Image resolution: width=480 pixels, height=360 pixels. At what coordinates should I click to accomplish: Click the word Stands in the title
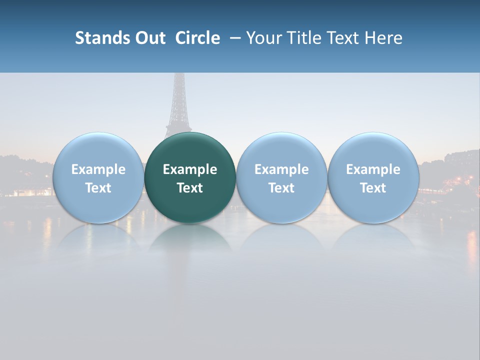(102, 38)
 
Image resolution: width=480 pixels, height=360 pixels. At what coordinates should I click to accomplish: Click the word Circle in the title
(197, 38)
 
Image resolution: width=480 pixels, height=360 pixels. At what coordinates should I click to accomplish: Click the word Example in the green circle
(190, 169)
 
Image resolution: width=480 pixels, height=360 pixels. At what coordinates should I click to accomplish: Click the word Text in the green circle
(190, 188)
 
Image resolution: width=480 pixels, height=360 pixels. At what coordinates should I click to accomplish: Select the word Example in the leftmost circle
(98, 169)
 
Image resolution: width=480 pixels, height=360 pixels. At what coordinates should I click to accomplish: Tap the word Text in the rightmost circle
(373, 188)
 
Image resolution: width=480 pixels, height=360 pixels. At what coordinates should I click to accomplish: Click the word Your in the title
(262, 38)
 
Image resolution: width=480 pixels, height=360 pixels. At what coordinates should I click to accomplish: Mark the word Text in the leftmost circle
(98, 188)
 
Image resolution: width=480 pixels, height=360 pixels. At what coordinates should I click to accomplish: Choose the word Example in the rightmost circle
(373, 169)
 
